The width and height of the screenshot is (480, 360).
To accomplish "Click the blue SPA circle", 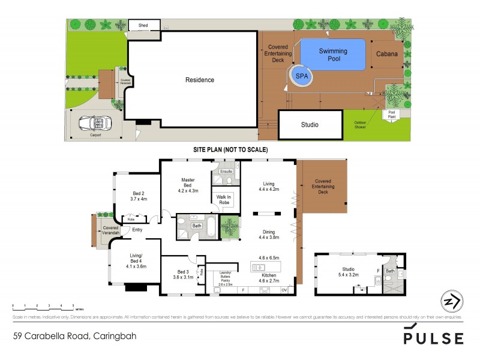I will (302, 77).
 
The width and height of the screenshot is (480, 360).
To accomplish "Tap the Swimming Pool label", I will (333, 55).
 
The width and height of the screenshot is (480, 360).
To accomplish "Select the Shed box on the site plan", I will (143, 26).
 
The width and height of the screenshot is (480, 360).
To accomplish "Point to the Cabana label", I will (386, 54).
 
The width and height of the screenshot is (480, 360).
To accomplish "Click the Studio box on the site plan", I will (310, 125).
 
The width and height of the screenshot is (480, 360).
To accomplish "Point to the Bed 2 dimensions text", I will (139, 199).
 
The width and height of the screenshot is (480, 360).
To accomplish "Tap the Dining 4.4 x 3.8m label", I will (268, 233).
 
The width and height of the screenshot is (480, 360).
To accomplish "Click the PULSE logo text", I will (433, 337).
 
